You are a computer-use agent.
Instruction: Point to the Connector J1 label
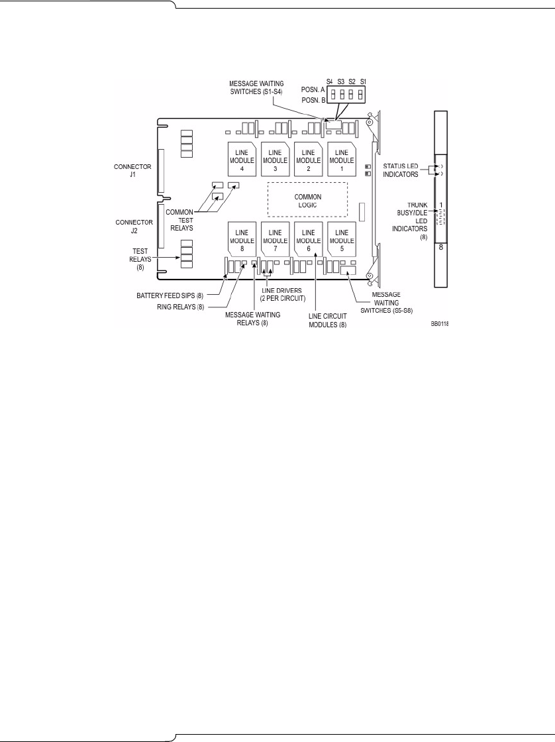[x=127, y=171]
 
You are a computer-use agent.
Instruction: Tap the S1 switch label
[x=362, y=80]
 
